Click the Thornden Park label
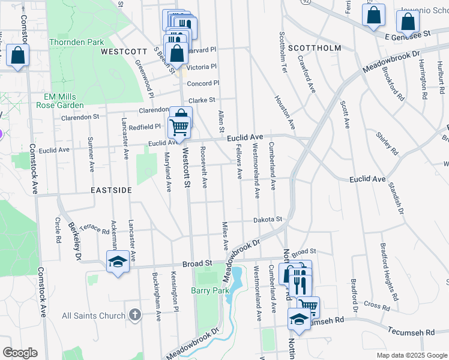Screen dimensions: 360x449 click(76, 42)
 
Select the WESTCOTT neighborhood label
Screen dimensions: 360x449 click(124, 52)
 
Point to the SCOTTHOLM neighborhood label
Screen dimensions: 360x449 click(315, 47)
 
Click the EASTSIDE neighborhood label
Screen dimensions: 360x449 click(111, 190)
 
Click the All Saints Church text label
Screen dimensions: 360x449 click(93, 316)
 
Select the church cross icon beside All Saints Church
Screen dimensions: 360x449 click(135, 315)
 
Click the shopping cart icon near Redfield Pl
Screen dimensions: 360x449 click(179, 126)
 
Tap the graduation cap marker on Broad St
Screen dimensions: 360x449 click(117, 261)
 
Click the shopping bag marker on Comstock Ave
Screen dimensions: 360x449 click(18, 56)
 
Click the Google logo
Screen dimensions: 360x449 click(20, 353)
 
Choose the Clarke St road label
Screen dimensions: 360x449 click(202, 100)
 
